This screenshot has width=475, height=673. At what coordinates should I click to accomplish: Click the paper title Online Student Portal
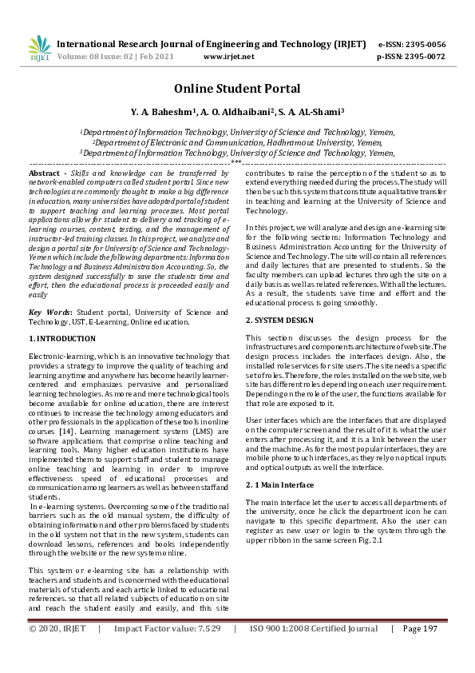[237, 89]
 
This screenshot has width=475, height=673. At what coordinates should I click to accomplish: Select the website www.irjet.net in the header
[228, 57]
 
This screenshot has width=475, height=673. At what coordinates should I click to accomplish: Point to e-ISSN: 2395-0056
[411, 44]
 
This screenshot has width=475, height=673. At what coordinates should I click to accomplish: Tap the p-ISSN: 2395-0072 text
[411, 57]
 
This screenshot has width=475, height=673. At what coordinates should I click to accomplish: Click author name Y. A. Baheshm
[160, 113]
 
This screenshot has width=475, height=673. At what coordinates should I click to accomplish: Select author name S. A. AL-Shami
[316, 113]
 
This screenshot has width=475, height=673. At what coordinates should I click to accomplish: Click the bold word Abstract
[44, 173]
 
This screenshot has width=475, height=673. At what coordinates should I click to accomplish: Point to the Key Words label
[49, 313]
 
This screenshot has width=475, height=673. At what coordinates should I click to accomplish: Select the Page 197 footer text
[420, 651]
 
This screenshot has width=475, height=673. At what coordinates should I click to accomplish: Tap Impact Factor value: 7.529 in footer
[167, 651]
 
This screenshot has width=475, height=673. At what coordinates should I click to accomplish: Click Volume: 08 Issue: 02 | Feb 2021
[113, 57]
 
